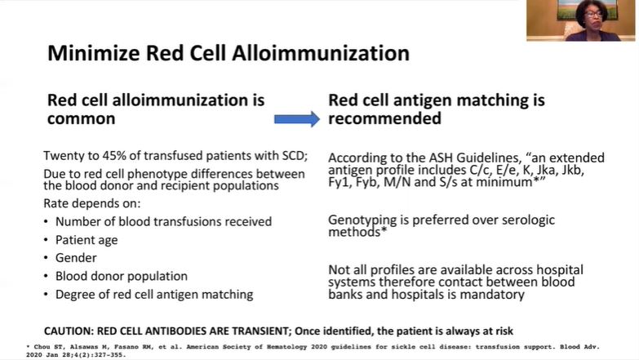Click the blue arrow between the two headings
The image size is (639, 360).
coord(295,119)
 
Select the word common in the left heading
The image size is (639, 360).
coord(81,119)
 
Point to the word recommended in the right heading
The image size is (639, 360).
coord(384,119)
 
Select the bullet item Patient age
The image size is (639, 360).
coord(87,240)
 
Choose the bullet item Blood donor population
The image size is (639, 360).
coord(121,276)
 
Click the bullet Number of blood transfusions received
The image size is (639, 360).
coord(163,221)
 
